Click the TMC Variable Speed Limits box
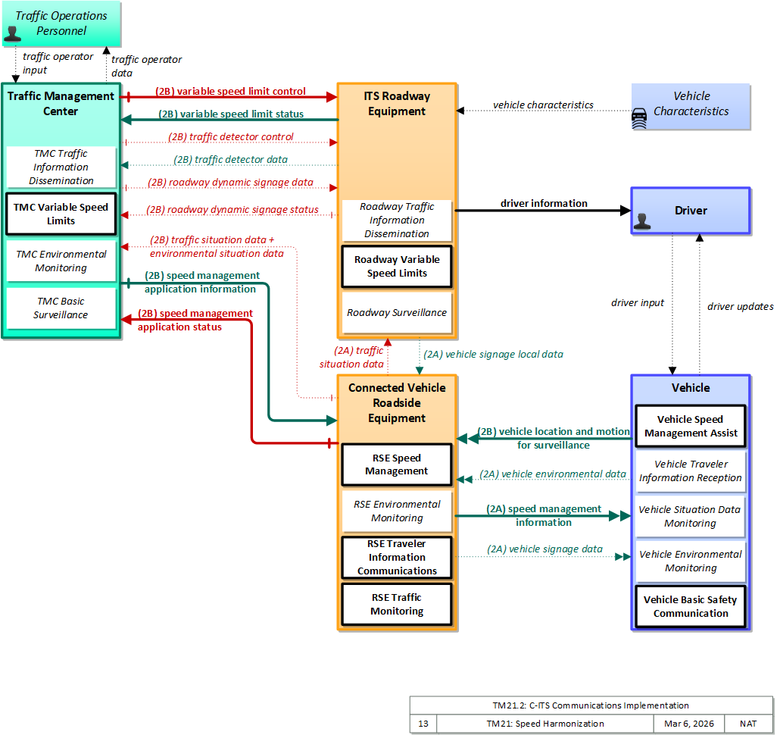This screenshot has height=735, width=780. click(x=61, y=214)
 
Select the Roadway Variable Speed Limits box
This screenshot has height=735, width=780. click(x=397, y=266)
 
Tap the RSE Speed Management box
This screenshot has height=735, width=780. click(x=397, y=464)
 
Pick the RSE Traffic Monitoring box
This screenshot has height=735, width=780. click(x=397, y=604)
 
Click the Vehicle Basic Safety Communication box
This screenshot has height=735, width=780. click(x=691, y=607)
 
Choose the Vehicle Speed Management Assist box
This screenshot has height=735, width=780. click(x=691, y=427)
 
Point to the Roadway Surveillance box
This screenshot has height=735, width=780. click(x=397, y=312)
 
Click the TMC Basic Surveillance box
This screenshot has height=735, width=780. click(x=61, y=308)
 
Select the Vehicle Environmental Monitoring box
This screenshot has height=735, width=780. click(x=691, y=561)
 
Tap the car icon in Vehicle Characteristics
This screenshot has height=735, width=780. click(x=639, y=119)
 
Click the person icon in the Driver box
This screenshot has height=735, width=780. click(x=642, y=221)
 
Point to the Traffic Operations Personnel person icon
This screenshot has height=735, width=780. click(x=12, y=33)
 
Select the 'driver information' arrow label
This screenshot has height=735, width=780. click(x=544, y=203)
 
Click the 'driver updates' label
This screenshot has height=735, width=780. click(x=740, y=307)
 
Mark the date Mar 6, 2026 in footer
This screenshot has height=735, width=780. click(x=688, y=724)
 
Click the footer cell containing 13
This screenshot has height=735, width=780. click(x=423, y=724)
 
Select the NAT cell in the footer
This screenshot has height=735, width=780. click(x=748, y=724)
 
